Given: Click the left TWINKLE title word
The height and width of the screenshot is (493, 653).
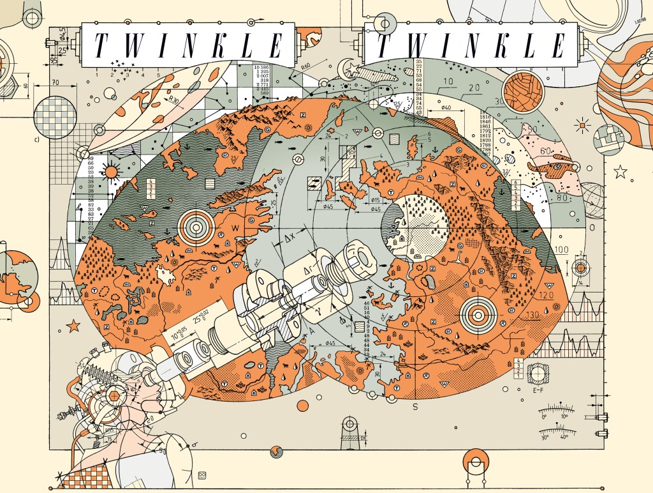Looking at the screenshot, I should coord(187,45).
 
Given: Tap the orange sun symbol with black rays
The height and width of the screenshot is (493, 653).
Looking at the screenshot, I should coord(112,172).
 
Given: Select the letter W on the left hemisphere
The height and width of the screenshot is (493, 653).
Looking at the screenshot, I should coord(236,228).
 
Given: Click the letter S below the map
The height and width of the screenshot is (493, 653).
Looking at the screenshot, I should coord(415,406).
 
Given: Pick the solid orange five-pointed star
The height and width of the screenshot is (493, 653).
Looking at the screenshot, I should coord(73,326).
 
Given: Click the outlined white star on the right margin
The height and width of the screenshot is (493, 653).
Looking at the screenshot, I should coord(619,171).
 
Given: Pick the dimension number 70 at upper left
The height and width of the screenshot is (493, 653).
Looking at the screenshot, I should coord(55,82).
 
